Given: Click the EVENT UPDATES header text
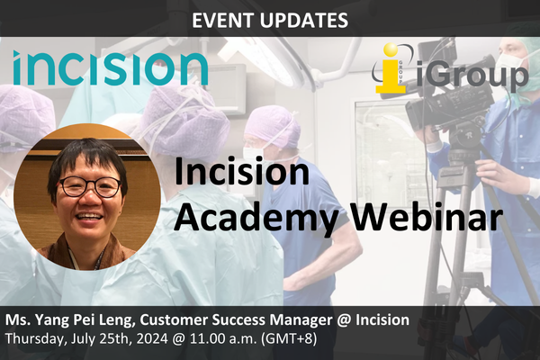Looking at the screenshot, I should pyautogui.click(x=269, y=17).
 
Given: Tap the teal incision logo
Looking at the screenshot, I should pyautogui.click(x=111, y=68).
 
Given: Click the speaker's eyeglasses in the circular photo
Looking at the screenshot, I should pyautogui.click(x=90, y=187).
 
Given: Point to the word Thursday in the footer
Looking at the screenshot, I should pyautogui.click(x=34, y=339).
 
